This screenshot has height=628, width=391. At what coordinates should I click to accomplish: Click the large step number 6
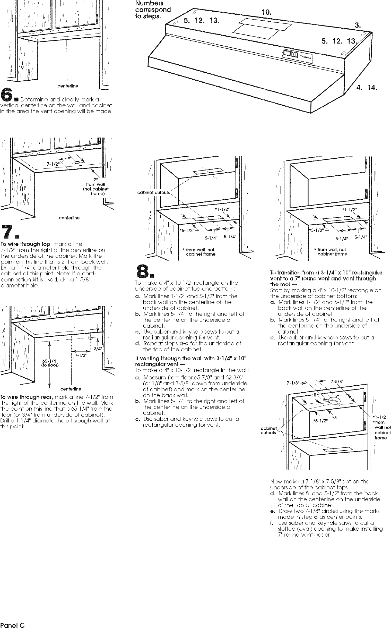[x=6, y=95]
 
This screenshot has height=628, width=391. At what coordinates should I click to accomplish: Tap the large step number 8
[x=143, y=271]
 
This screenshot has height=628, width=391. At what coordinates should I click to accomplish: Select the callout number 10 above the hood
[x=266, y=12]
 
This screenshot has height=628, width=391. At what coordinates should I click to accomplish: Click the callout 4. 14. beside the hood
[x=367, y=88]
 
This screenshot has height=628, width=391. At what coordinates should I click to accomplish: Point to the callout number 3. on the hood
[x=358, y=25]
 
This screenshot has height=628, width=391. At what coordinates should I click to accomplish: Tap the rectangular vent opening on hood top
[x=262, y=28]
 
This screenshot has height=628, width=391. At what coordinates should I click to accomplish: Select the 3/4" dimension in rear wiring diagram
[x=98, y=349]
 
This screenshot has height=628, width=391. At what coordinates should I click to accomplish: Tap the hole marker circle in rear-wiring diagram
[x=90, y=337]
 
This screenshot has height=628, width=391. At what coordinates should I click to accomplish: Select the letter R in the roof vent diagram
[x=315, y=395]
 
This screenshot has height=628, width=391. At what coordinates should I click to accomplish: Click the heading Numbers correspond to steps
[x=153, y=10]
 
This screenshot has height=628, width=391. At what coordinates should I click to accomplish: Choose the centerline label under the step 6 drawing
[x=68, y=86]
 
